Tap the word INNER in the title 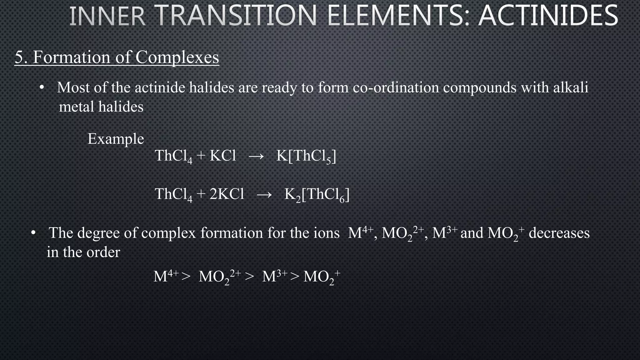tap(107, 16)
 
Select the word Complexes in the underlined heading tap(177, 57)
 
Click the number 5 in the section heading tap(19, 57)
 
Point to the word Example tap(116, 139)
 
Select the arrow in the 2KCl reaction tap(264, 194)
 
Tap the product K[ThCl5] tap(306, 156)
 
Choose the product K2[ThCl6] tap(317, 195)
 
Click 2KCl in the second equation tap(227, 194)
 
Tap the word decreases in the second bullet tap(559, 233)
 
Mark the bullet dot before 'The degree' tap(33, 233)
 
